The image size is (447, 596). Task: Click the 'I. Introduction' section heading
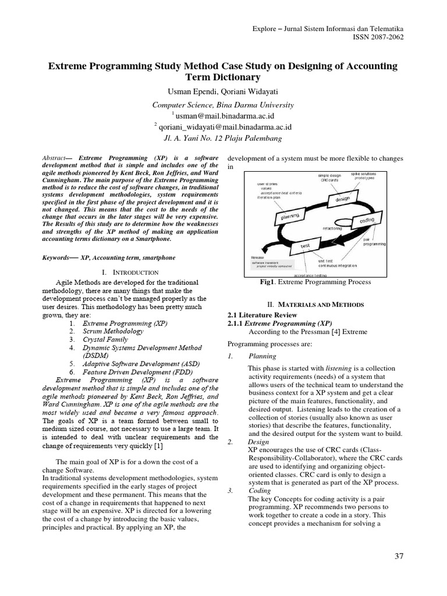pyautogui.click(x=130, y=272)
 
